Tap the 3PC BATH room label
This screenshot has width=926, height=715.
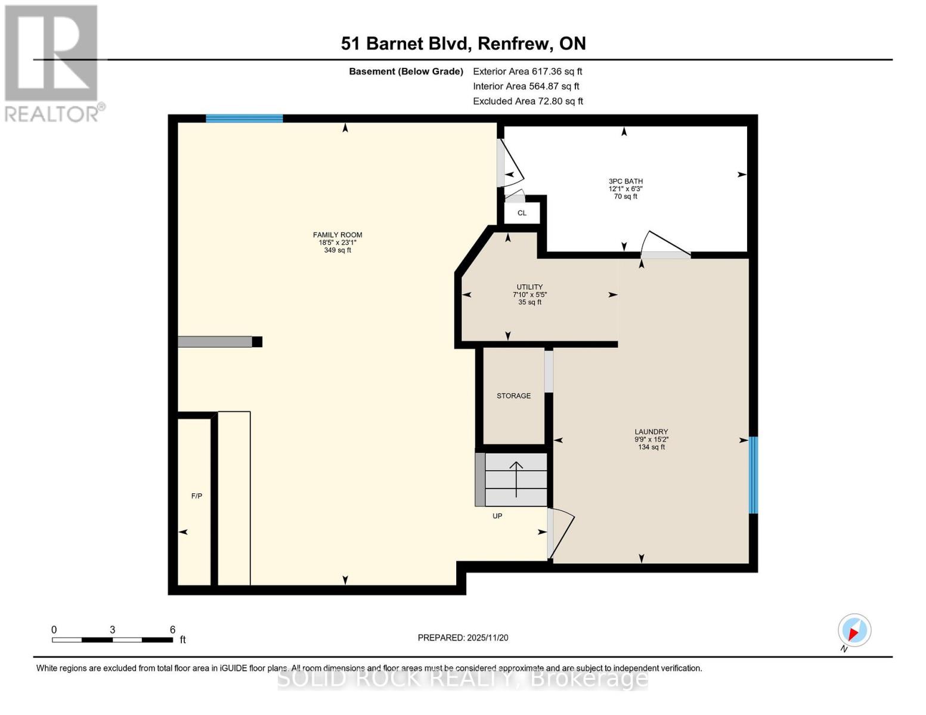click(625, 181)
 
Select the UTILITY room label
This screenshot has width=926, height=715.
click(529, 287)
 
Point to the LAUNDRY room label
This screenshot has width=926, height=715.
click(651, 432)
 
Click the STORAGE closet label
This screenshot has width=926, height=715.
click(513, 396)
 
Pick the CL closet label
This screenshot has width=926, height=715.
click(522, 213)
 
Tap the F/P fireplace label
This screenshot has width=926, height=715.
click(196, 496)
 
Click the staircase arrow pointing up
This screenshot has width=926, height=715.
click(516, 478)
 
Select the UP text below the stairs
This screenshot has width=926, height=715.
click(497, 516)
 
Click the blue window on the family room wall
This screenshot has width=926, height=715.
click(244, 118)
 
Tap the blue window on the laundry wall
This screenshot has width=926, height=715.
click(753, 475)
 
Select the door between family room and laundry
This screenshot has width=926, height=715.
click(560, 533)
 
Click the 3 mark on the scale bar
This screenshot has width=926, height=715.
click(112, 630)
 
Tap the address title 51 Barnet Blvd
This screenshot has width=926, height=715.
click(463, 43)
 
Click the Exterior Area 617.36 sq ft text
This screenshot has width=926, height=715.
click(527, 71)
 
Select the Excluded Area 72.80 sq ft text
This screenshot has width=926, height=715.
click(528, 101)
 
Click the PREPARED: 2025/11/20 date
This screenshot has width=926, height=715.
click(463, 638)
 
